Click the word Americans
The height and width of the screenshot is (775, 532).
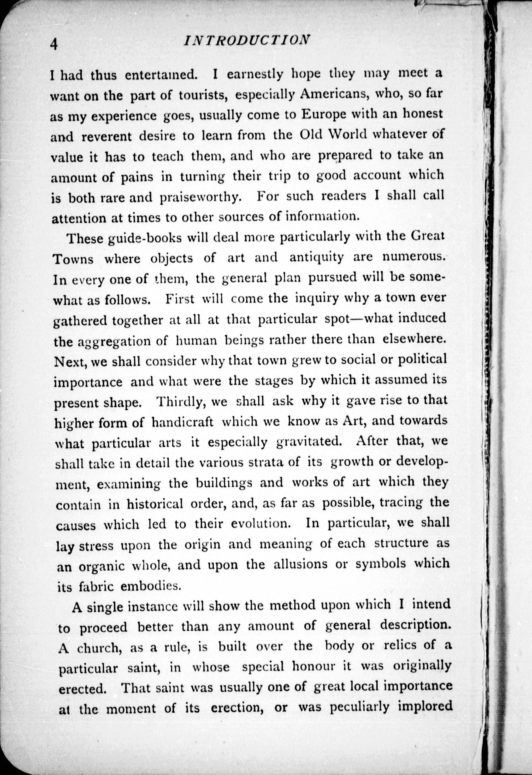click(x=334, y=94)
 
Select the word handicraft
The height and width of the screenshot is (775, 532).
click(x=183, y=422)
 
